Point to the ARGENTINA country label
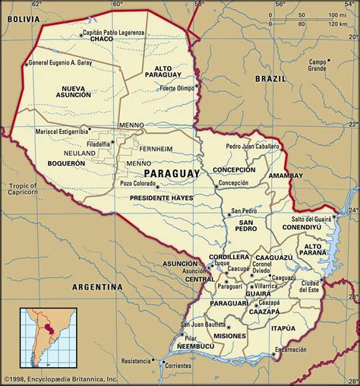97,287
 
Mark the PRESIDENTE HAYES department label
161,198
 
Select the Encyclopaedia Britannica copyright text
59,378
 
